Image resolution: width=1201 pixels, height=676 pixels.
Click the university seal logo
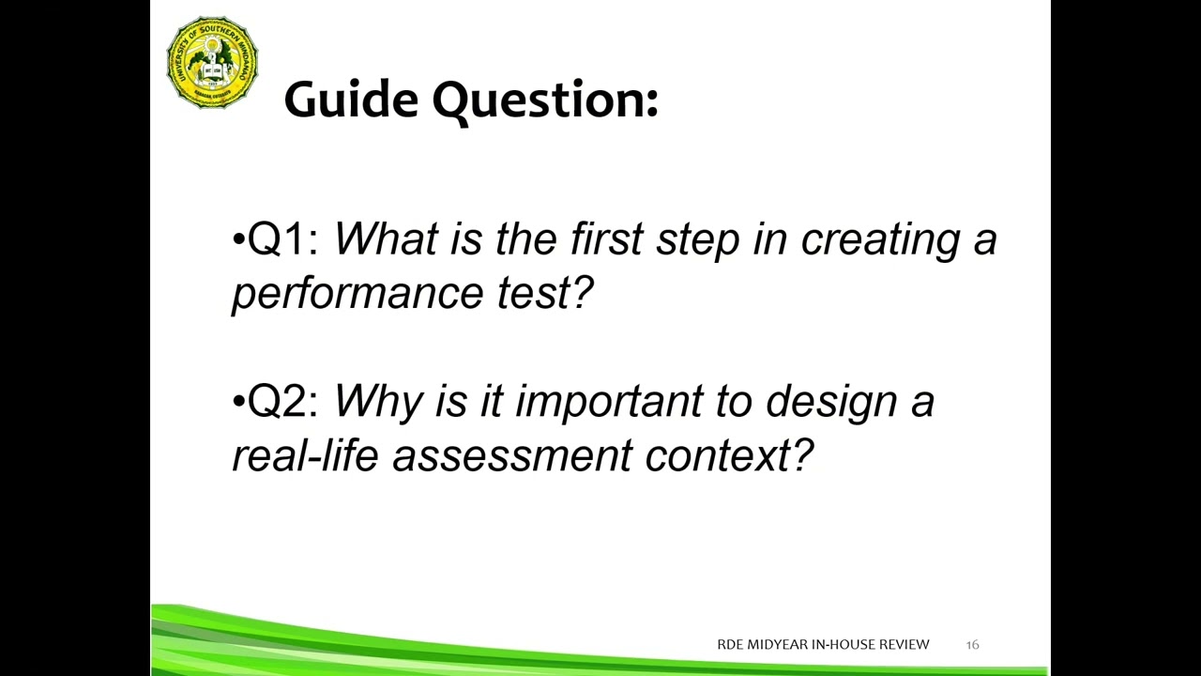click(x=212, y=63)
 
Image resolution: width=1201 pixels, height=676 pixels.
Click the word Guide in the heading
click(x=351, y=100)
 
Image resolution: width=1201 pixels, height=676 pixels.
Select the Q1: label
click(x=283, y=240)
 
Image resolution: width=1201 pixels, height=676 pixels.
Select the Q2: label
click(x=283, y=402)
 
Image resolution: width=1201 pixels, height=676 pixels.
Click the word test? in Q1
click(x=545, y=294)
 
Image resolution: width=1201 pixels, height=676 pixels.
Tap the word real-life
click(x=304, y=456)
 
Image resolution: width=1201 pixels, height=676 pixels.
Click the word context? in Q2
click(x=729, y=456)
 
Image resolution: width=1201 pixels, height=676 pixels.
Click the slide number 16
click(x=972, y=645)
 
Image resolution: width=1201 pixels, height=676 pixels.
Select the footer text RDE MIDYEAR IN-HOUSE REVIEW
click(x=823, y=645)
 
